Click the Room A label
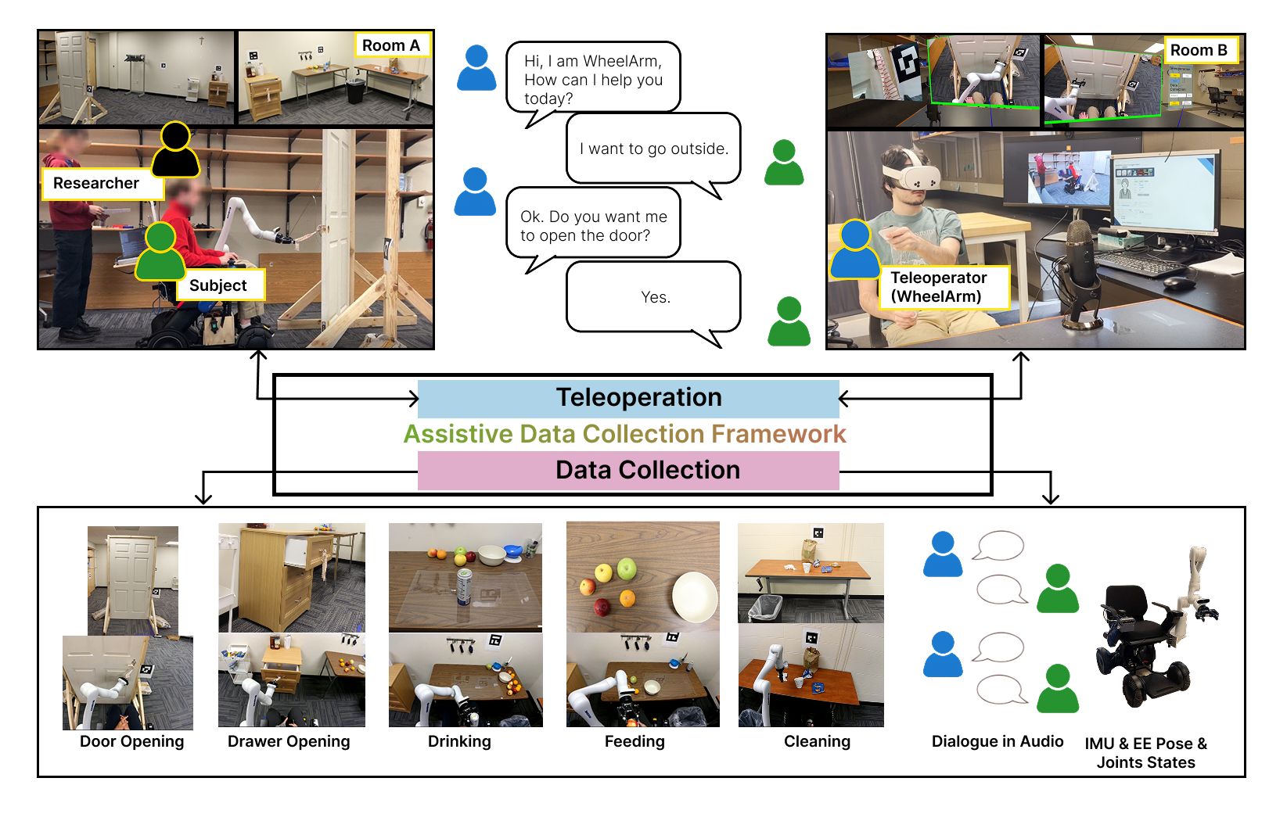(391, 45)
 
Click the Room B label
(1199, 50)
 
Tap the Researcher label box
(96, 183)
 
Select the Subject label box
(218, 285)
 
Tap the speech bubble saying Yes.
(654, 297)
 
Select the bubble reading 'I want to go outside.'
(653, 149)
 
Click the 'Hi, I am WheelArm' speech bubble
(593, 79)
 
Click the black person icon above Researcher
(175, 150)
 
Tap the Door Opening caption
(132, 741)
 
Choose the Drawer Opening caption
(289, 741)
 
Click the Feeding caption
(635, 741)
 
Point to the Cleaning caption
(817, 741)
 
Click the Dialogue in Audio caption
(998, 741)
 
